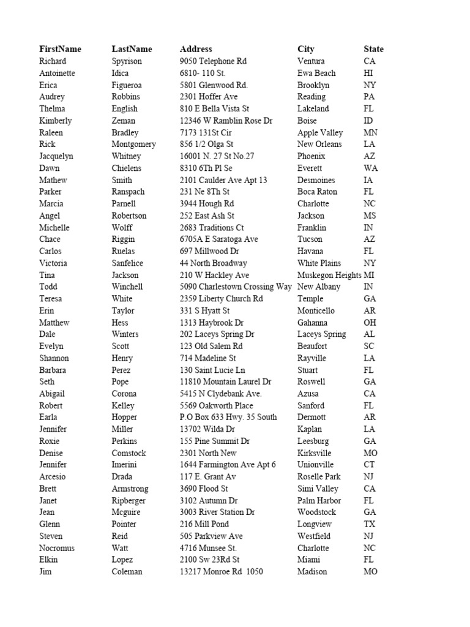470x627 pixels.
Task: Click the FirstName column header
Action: click(60, 49)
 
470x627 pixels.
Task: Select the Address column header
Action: click(196, 49)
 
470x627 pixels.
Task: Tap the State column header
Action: click(373, 49)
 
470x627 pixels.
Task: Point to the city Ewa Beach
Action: click(317, 73)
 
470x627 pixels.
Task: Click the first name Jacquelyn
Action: click(56, 156)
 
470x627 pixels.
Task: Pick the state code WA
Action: click(370, 168)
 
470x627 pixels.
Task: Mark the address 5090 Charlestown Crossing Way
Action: click(236, 287)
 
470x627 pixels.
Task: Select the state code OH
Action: click(370, 323)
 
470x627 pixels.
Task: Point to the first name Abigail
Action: click(52, 394)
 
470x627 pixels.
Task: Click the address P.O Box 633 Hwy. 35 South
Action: click(228, 418)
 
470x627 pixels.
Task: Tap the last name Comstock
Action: click(129, 453)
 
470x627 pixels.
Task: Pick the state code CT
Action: click(370, 465)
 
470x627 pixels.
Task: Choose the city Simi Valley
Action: click(318, 489)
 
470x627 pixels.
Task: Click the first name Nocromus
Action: click(57, 548)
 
